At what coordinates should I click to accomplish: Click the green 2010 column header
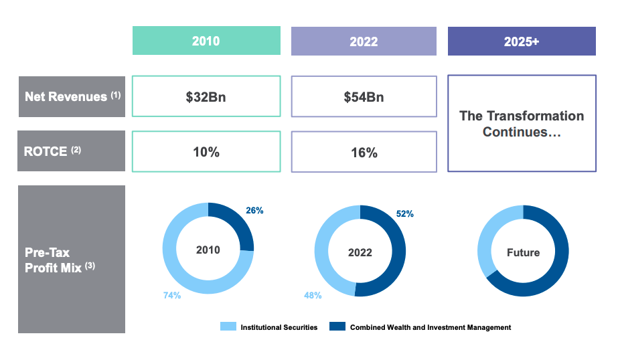[x=206, y=41]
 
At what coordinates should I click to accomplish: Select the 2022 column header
[x=364, y=41]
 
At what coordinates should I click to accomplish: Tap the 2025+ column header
[x=522, y=41]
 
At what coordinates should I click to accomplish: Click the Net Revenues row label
[x=72, y=96]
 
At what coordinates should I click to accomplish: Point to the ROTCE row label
[x=72, y=151]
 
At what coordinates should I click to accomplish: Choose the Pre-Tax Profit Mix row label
[x=72, y=259]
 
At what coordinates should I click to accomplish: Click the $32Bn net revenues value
[x=206, y=96]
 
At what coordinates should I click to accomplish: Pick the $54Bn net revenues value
[x=364, y=96]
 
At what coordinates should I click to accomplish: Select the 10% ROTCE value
[x=206, y=152]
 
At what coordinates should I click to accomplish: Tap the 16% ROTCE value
[x=364, y=153]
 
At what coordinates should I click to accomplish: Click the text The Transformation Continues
[x=522, y=124]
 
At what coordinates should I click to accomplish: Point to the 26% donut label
[x=254, y=210]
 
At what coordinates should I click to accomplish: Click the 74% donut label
[x=172, y=295]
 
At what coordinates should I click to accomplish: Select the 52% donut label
[x=404, y=214]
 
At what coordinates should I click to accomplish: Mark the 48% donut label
[x=313, y=295]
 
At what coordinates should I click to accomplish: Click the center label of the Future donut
[x=523, y=252]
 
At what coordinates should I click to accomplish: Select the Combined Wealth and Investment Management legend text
[x=431, y=327]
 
